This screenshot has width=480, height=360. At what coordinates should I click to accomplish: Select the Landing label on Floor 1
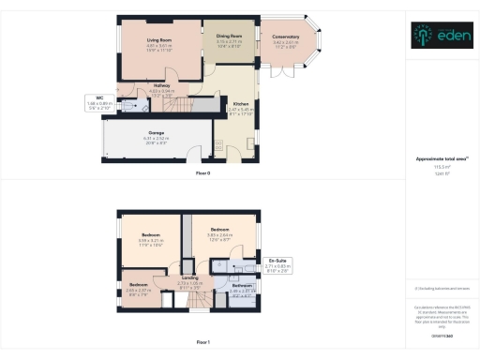point(189,279)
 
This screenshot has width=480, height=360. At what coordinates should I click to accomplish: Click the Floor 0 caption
point(203,174)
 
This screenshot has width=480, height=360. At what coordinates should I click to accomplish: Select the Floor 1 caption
point(203,342)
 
